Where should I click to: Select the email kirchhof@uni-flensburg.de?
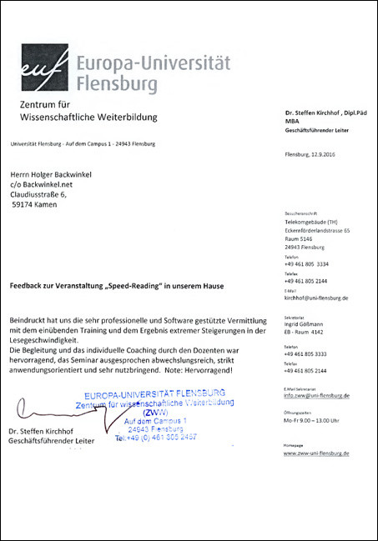coord(316,298)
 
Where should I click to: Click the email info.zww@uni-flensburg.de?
coord(317,395)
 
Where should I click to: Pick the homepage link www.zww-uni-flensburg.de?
coord(317,453)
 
